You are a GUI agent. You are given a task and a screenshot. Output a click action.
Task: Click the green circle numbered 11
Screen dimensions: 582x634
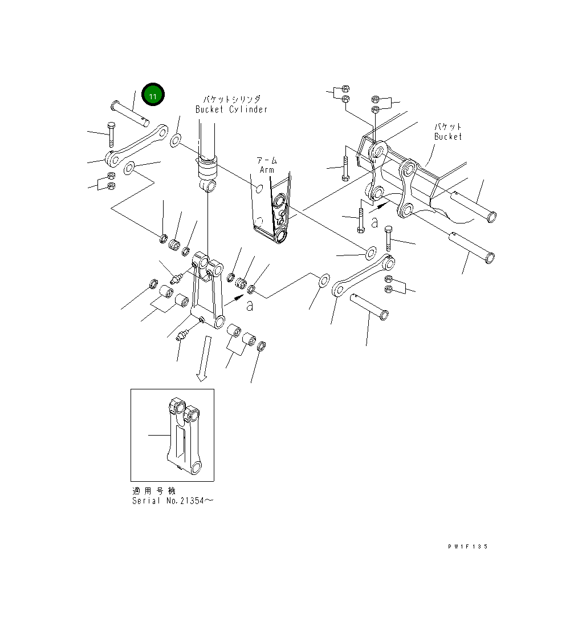[x=153, y=95]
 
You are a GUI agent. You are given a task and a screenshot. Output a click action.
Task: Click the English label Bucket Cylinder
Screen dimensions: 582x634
[x=231, y=109]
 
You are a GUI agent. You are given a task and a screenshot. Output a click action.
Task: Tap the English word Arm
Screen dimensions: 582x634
[x=267, y=170]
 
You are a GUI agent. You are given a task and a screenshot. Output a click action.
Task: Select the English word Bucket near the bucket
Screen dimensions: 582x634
[x=448, y=137]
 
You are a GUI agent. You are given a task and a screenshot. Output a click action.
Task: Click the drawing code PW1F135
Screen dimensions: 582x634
[x=467, y=546]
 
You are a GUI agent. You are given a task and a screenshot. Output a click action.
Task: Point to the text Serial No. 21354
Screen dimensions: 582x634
[x=173, y=501]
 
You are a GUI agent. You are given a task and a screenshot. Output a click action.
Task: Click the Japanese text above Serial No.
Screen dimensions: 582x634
[x=154, y=491]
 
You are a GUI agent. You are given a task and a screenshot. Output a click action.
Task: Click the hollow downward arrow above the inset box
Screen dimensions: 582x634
[x=204, y=358]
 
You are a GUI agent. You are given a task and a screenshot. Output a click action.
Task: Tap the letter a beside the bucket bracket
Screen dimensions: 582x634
[x=375, y=222]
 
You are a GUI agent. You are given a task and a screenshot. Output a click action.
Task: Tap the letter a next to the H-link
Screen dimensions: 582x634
[x=250, y=305]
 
